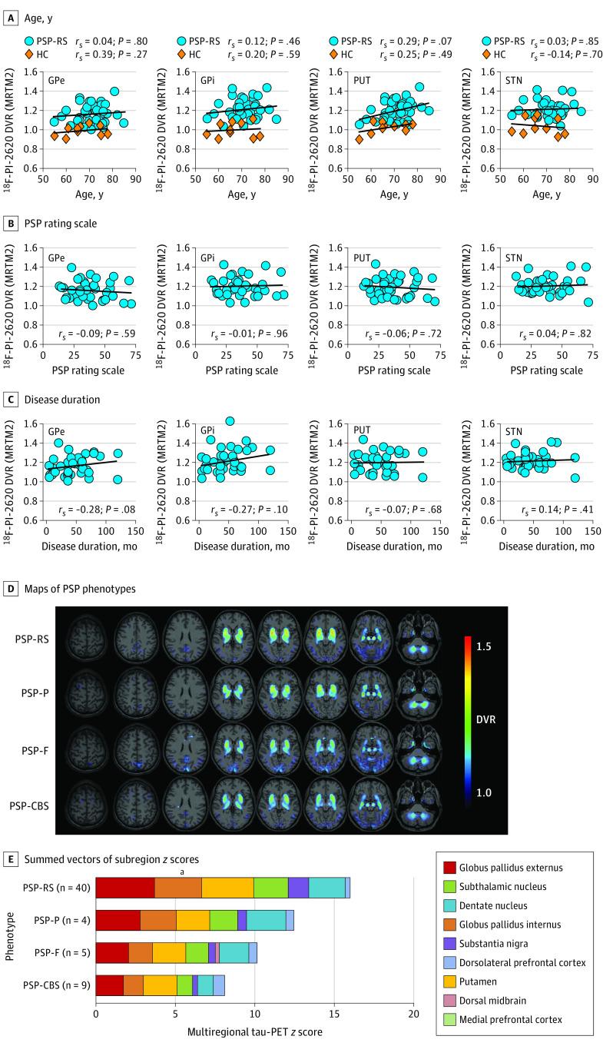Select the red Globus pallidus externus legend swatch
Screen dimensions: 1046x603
coord(448,867)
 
